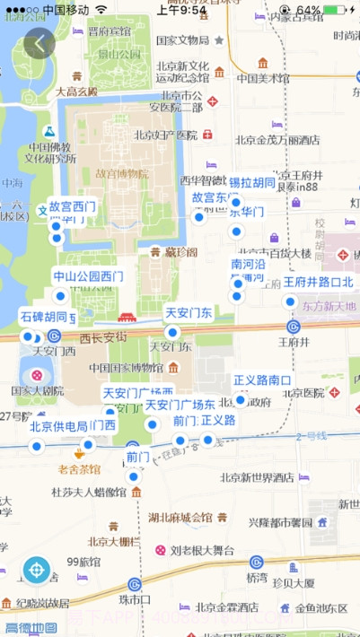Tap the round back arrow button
coord(40,43)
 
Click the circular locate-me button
coord(37,569)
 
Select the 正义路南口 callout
coord(262,380)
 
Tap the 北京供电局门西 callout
coord(72,425)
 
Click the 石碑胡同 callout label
coord(43,317)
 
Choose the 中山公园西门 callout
coord(87,276)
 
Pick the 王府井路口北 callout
coord(319,282)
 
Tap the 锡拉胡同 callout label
coord(251,183)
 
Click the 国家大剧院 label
coord(37,391)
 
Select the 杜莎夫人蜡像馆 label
coord(88,492)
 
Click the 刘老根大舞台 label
coord(203,550)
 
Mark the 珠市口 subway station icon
coord(135,584)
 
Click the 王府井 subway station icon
coord(293,327)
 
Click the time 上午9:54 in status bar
coord(181,10)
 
